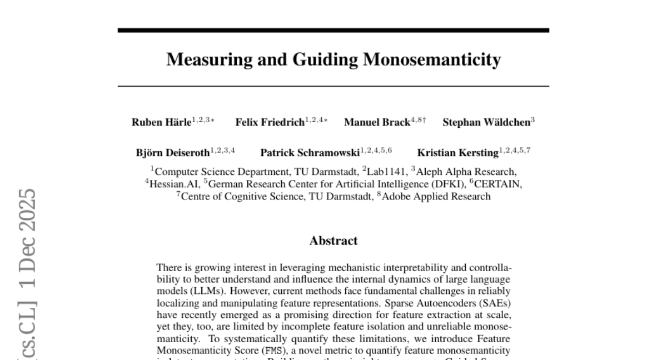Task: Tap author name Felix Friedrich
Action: tap(270, 123)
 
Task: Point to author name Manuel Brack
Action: tap(377, 123)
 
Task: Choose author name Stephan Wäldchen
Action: tap(486, 123)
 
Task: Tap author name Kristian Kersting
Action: tap(457, 153)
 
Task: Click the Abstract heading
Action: tap(333, 241)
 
